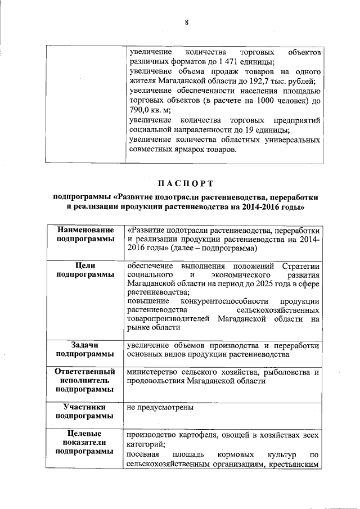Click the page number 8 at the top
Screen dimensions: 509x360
coord(186,22)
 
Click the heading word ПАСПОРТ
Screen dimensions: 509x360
coord(186,183)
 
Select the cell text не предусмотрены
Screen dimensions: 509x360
coord(160,407)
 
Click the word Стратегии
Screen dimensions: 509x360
coord(301,265)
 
